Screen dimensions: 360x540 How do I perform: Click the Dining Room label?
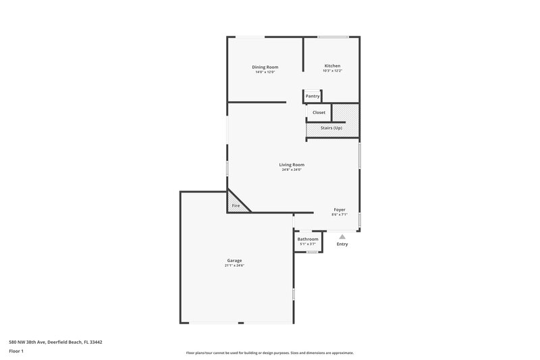pos(265,67)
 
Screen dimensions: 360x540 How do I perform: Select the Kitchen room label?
pos(332,66)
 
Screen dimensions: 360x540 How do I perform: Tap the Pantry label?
pos(313,96)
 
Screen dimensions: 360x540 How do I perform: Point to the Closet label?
pos(319,112)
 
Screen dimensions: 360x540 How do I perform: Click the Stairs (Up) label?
pos(331,128)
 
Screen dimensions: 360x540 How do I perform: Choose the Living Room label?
pos(292,164)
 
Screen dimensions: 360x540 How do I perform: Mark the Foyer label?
pos(340,209)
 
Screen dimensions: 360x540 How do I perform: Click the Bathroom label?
pos(308,239)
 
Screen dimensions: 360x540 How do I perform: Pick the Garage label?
pos(234,261)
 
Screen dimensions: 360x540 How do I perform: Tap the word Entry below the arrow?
pos(342,244)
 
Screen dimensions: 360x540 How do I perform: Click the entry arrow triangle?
pos(342,236)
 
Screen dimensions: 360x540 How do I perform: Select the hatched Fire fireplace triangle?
pos(236,205)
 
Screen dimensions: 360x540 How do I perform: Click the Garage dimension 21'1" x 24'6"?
pos(234,265)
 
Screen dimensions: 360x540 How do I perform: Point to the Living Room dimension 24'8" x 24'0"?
pos(292,170)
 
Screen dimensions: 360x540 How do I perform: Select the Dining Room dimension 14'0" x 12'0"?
pos(265,72)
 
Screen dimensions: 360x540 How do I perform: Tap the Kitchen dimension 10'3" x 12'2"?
pos(332,71)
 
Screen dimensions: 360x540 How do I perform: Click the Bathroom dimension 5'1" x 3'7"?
pos(308,244)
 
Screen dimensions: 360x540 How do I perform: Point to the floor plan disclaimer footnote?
pos(270,353)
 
